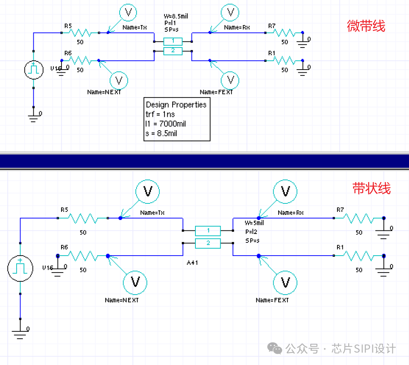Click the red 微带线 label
(x=366, y=26)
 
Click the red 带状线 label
(x=371, y=188)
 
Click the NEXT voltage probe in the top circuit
(x=119, y=80)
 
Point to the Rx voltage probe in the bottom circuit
(x=285, y=191)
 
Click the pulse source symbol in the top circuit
(x=34, y=70)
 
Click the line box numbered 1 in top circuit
(x=173, y=41)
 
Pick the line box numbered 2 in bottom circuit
(x=208, y=243)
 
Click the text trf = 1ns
(x=160, y=114)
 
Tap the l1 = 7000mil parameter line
(x=166, y=124)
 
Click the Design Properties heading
(x=176, y=105)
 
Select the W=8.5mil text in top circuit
(x=176, y=16)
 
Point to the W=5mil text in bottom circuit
(x=254, y=223)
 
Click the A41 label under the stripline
(x=192, y=263)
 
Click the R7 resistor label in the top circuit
(x=272, y=26)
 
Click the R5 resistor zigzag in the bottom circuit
(x=83, y=218)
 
